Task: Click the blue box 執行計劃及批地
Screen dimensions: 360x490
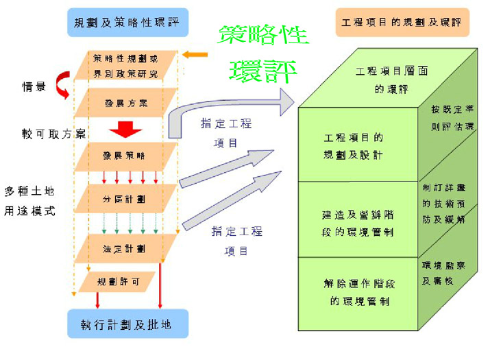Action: coord(127,323)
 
